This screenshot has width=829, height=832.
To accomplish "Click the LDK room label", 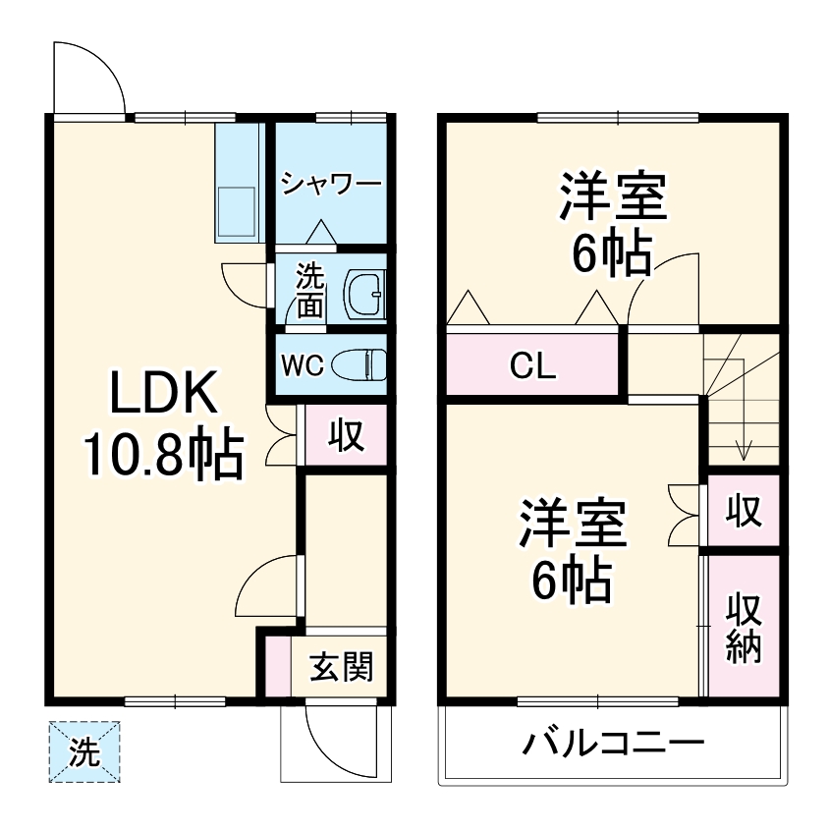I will [x=162, y=396].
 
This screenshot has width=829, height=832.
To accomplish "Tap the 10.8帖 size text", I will [x=162, y=455].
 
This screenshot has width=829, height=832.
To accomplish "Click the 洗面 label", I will [x=310, y=290].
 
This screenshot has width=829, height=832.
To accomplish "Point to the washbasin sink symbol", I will [x=366, y=292].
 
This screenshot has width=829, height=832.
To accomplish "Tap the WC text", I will [x=302, y=365].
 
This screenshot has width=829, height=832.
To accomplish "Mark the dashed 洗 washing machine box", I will [x=83, y=752].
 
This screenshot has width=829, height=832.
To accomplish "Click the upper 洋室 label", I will [x=613, y=196].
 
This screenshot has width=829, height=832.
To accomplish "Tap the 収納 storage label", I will [x=744, y=628].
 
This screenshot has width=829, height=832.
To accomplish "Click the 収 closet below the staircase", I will [x=744, y=510].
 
